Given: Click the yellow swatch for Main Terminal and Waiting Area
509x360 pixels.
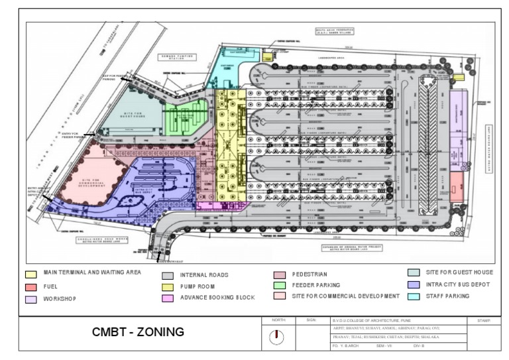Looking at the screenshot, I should click(x=31, y=274).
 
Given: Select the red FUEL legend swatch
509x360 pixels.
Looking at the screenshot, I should click(x=31, y=286).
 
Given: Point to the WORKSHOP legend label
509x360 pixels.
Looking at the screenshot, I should click(x=60, y=299).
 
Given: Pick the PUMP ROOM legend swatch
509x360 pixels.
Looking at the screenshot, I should click(x=168, y=287).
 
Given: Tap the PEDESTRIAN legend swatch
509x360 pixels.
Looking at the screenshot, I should click(x=280, y=274).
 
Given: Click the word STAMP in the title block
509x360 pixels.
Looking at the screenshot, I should click(x=482, y=320).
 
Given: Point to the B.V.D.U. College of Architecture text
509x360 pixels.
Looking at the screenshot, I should click(x=371, y=320).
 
